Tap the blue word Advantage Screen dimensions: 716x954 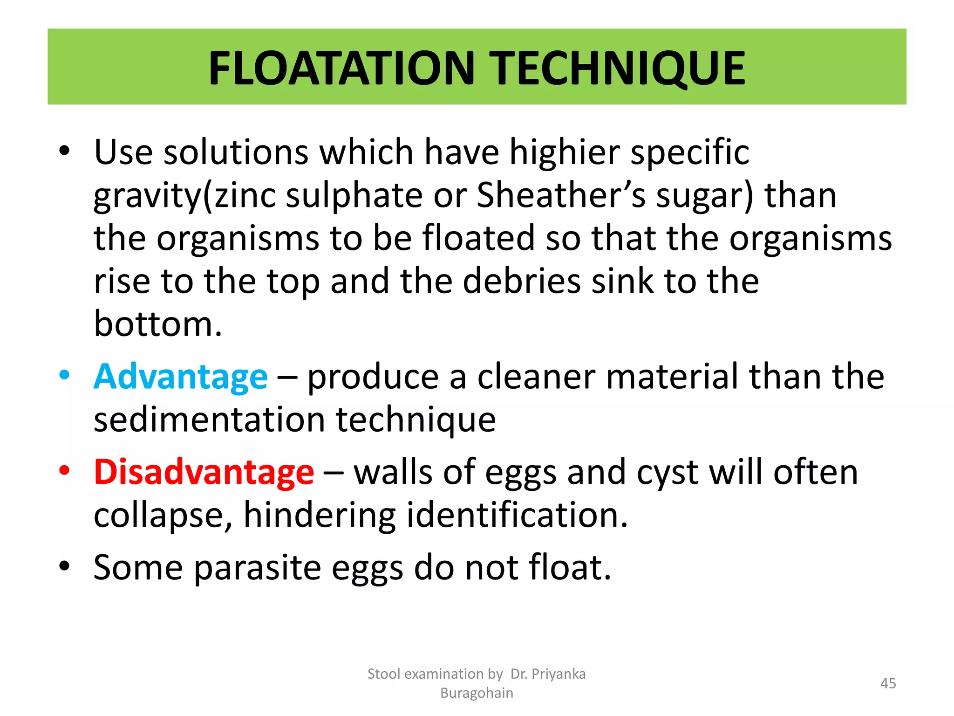[181, 377]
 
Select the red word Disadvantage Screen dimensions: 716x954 [204, 472]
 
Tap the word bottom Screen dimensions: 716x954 [158, 324]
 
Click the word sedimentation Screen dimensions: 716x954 [209, 420]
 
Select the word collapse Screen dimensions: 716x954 [164, 516]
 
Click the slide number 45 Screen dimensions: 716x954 [888, 683]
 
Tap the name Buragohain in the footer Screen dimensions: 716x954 [477, 693]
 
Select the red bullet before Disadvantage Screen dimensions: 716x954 [64, 470]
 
